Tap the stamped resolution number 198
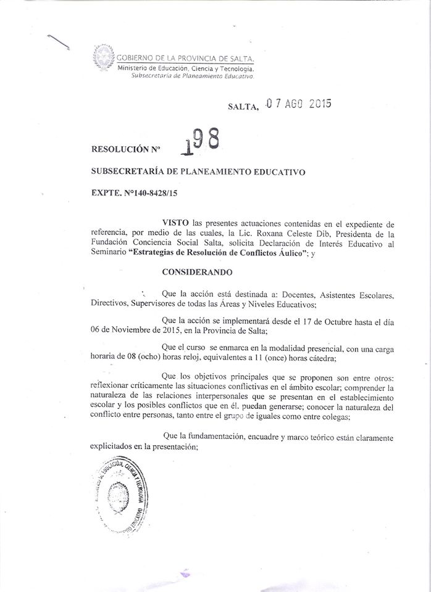point(199,141)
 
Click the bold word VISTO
point(175,221)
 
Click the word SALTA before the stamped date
point(241,107)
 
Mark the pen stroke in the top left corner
point(59,43)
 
